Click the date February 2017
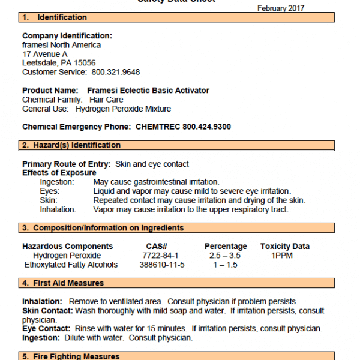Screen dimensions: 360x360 pyautogui.click(x=280, y=8)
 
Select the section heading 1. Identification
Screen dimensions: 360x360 pyautogui.click(x=55, y=17)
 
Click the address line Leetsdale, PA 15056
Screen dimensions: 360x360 pyautogui.click(x=59, y=63)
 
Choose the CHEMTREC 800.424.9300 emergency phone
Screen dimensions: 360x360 pyautogui.click(x=183, y=127)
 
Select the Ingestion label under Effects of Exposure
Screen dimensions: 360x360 pyautogui.click(x=57, y=182)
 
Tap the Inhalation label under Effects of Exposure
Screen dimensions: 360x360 pyautogui.click(x=58, y=209)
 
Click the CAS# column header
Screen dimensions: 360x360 pyautogui.click(x=156, y=247)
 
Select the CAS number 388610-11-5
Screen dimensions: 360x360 pyautogui.click(x=161, y=265)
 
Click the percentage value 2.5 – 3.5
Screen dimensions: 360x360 pyautogui.click(x=226, y=256)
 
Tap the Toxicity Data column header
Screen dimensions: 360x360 pyautogui.click(x=285, y=247)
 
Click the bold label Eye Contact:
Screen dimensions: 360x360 pyautogui.click(x=47, y=329)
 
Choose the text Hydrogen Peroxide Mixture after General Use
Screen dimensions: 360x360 pyautogui.click(x=131, y=109)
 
